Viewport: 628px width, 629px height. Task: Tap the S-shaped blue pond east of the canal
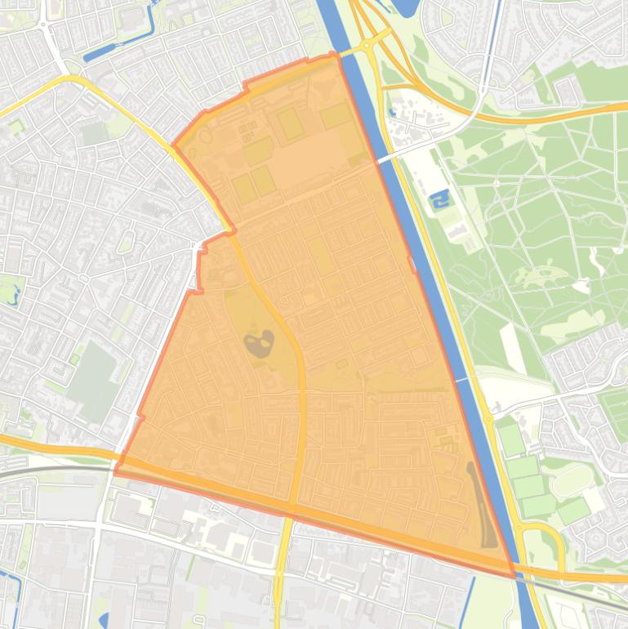tap(439, 199)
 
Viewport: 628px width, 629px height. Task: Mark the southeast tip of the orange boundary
tap(514, 575)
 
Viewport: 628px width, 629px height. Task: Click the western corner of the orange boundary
tap(115, 471)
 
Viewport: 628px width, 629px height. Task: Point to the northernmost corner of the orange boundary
tap(333, 54)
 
